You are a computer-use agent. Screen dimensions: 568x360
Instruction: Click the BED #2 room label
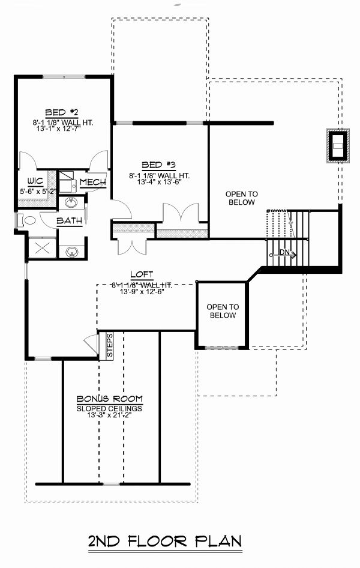tap(62, 112)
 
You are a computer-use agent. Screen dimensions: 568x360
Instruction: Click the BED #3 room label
tap(158, 165)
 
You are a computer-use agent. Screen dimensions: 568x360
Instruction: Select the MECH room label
tap(93, 182)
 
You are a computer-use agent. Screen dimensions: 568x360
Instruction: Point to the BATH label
tap(70, 221)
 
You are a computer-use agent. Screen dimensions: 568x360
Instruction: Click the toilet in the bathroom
tap(26, 220)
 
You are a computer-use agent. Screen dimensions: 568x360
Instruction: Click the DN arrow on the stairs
tap(287, 253)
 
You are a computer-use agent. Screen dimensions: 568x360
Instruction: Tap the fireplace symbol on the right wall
tap(337, 145)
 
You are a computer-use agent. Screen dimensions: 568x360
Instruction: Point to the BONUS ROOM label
tap(109, 399)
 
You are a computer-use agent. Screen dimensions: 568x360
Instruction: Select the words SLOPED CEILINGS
tap(109, 408)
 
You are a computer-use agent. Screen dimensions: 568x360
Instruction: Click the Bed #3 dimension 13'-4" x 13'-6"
tap(158, 183)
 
